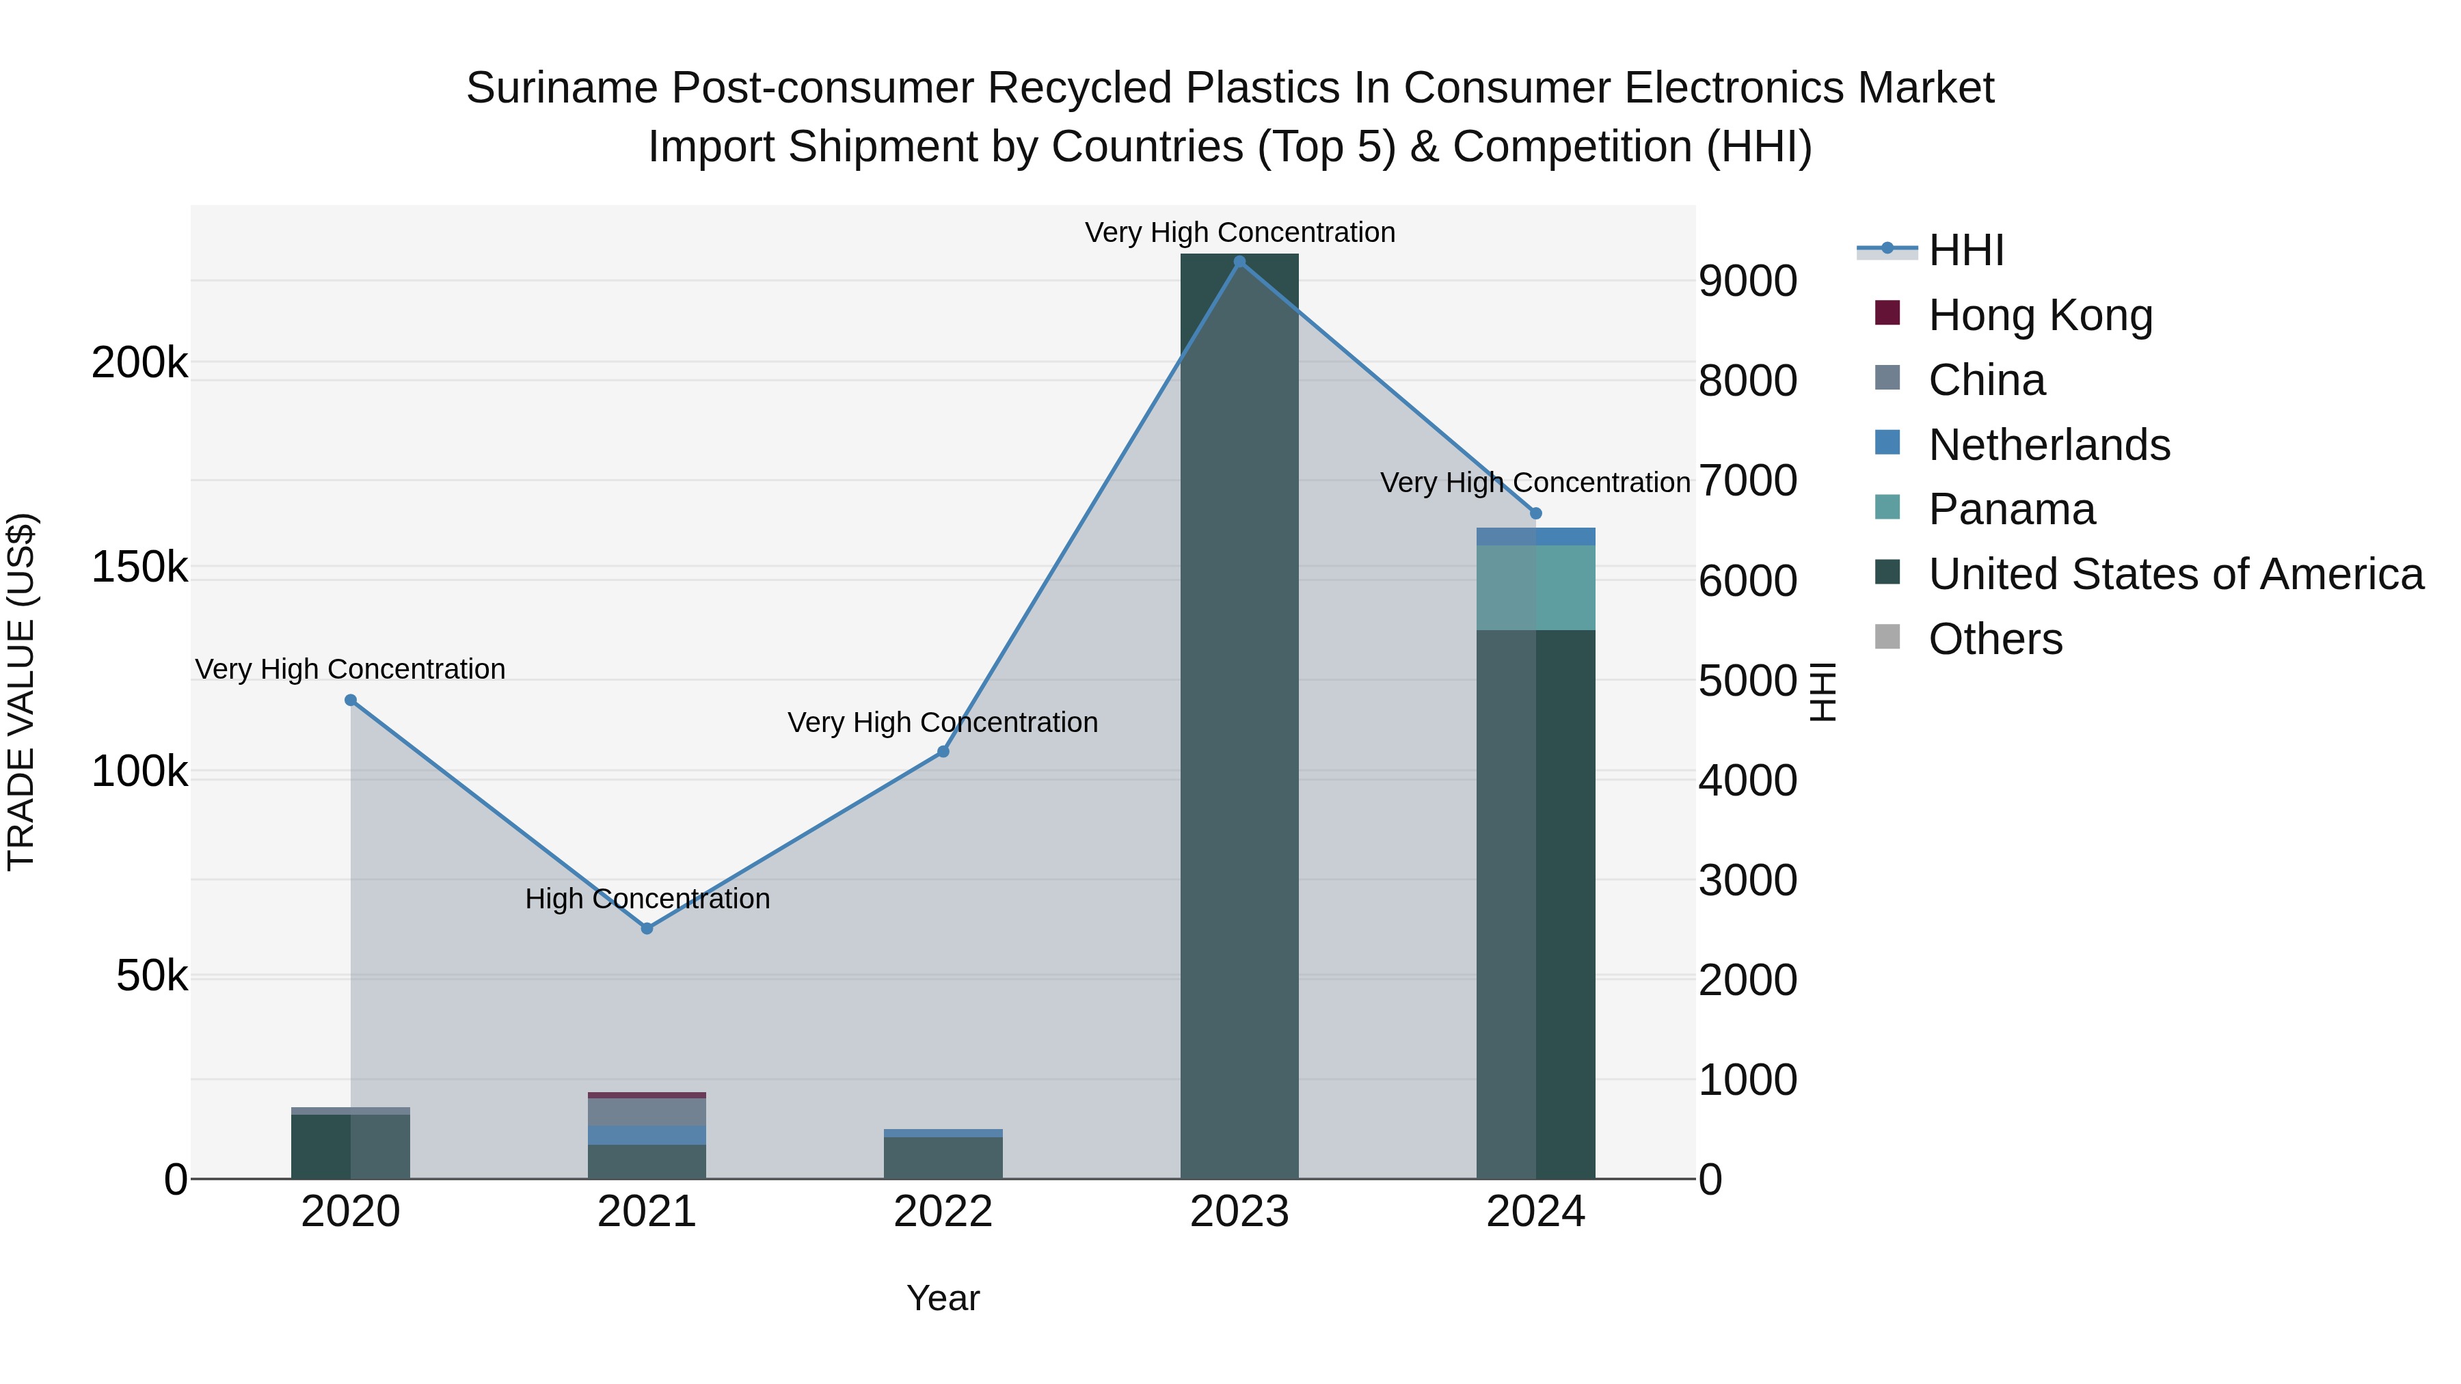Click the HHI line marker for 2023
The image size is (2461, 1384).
tap(1239, 262)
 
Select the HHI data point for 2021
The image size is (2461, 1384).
tap(647, 928)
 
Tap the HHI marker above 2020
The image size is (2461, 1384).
tap(351, 700)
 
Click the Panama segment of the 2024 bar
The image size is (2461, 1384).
tap(1535, 587)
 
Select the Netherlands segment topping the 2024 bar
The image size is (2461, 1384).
tap(1535, 537)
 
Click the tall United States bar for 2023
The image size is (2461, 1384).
tap(1239, 716)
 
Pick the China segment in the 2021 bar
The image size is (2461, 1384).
tap(647, 1112)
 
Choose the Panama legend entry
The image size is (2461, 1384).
tap(2011, 509)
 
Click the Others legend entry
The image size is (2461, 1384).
tap(1995, 639)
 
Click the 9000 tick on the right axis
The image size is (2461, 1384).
tap(1747, 281)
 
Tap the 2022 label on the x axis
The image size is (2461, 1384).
tap(943, 1212)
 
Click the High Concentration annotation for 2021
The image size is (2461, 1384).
tap(647, 899)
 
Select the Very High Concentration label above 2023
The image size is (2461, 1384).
tap(1239, 232)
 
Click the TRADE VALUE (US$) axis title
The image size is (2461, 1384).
tap(21, 692)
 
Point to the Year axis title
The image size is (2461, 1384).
tap(943, 1298)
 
